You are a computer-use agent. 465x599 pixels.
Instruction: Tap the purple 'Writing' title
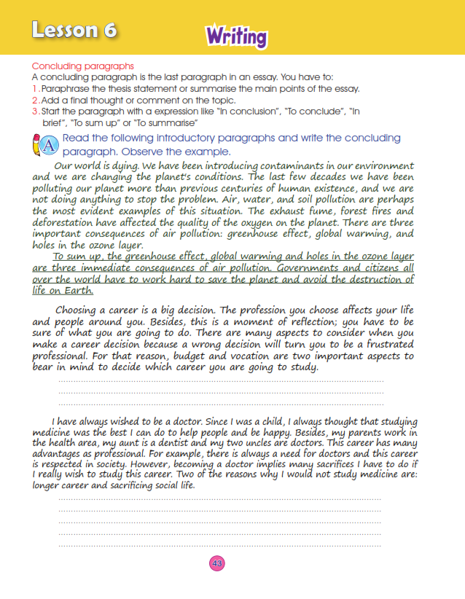point(236,35)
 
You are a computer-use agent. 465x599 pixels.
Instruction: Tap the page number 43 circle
point(216,563)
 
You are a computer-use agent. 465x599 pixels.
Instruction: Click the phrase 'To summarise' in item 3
point(164,122)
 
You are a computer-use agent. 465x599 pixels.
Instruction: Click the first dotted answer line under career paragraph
point(220,381)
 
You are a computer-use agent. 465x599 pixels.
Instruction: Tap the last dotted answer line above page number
point(219,544)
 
